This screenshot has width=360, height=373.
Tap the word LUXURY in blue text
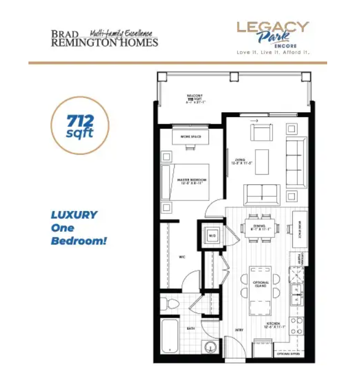click(x=74, y=215)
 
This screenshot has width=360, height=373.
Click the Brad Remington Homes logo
click(x=104, y=38)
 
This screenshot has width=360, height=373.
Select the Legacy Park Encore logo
click(x=272, y=38)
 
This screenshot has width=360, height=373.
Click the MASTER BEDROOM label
click(x=191, y=180)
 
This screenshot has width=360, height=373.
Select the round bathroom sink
click(x=208, y=347)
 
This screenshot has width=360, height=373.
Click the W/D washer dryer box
click(x=211, y=237)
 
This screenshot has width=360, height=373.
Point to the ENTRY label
click(x=240, y=329)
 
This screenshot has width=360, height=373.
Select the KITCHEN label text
click(x=273, y=324)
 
